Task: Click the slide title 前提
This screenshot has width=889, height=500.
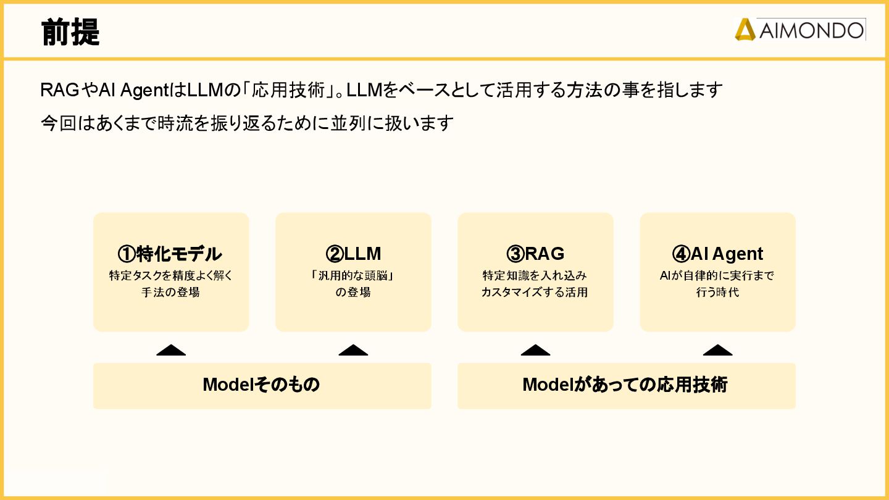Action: coord(70,32)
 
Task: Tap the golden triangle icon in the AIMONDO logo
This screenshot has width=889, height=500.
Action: coord(745,30)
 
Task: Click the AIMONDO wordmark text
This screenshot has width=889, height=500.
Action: coord(811,30)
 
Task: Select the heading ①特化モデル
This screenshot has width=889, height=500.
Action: coord(170,254)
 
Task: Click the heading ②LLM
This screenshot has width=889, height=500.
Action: coord(353,254)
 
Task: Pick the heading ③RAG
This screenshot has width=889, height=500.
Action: coord(535,254)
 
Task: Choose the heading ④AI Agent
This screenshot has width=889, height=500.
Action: coord(717,254)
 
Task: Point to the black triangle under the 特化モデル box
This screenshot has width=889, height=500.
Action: coord(171,351)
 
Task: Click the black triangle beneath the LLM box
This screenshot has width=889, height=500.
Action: coord(353,351)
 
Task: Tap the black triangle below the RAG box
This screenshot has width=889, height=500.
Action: coord(535,351)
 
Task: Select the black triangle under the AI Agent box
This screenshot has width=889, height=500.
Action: coord(717,351)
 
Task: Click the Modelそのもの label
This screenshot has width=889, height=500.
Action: coord(261,385)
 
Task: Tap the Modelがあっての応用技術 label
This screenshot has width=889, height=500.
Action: coord(625,385)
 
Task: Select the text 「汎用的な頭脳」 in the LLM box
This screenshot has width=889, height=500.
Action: coord(353,276)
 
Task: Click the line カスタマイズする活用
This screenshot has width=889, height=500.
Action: coord(535,293)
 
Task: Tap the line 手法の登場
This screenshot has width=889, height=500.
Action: coord(171,293)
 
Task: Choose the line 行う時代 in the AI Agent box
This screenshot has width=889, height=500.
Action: coord(717,293)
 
